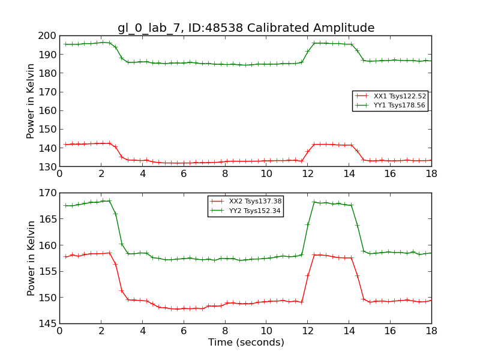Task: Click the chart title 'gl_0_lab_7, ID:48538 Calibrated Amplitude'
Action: click(x=246, y=28)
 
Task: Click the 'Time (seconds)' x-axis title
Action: click(x=246, y=343)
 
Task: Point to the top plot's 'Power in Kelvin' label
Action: click(x=31, y=101)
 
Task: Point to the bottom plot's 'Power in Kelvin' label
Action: click(x=31, y=258)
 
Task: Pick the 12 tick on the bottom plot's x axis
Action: click(x=307, y=330)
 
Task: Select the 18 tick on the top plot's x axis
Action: click(x=431, y=173)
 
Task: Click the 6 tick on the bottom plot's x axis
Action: click(x=184, y=330)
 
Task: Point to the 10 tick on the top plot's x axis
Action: click(x=266, y=173)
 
